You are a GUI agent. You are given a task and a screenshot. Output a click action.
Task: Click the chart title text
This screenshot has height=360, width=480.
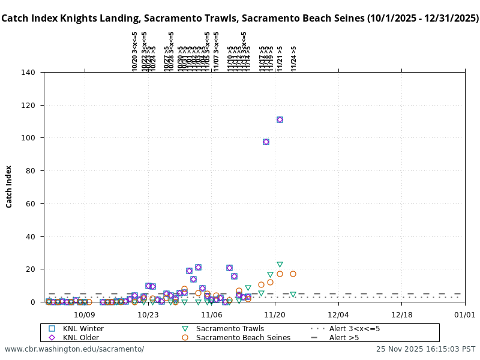[x=240, y=19]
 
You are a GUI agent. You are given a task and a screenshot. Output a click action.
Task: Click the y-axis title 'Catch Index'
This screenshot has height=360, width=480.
[x=9, y=187]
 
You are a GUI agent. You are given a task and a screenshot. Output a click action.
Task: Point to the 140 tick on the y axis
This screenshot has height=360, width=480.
[x=31, y=73]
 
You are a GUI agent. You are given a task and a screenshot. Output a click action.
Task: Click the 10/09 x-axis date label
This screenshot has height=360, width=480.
[x=85, y=314]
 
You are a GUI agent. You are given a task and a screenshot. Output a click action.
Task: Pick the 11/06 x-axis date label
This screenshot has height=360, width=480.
[x=212, y=314]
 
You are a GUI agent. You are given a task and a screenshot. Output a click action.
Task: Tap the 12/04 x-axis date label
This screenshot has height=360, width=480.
[x=338, y=314]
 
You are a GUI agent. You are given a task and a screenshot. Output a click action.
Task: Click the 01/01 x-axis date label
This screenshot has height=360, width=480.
[x=465, y=314]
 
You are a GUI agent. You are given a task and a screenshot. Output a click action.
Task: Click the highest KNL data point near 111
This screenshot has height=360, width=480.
[x=280, y=120]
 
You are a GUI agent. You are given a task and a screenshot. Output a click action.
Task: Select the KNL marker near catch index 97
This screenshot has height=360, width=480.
[x=266, y=142]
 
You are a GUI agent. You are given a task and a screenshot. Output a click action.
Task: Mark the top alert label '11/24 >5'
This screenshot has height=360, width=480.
[x=294, y=59]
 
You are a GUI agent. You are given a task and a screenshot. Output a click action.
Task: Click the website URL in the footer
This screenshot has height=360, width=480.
[x=74, y=349]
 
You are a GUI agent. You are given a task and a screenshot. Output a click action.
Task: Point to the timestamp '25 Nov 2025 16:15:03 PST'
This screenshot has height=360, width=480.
[x=425, y=349]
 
